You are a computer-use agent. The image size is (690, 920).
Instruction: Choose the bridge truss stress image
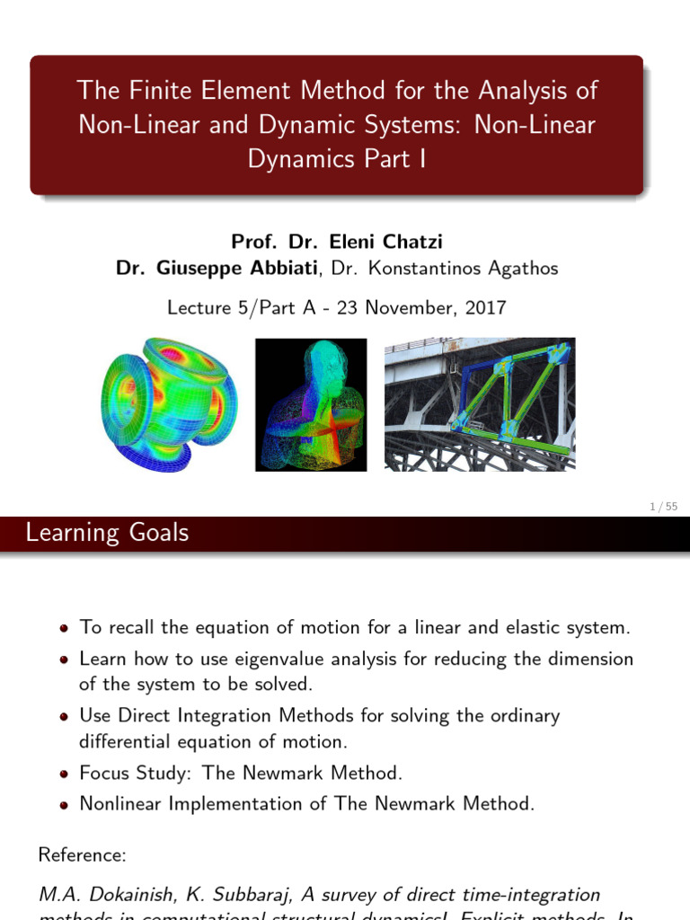[x=480, y=404]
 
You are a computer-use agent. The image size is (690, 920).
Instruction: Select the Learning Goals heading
[x=108, y=533]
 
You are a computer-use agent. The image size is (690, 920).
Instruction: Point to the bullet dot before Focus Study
[x=66, y=774]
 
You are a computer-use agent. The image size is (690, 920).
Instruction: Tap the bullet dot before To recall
[x=66, y=629]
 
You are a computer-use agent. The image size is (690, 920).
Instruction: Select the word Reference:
[x=81, y=855]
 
